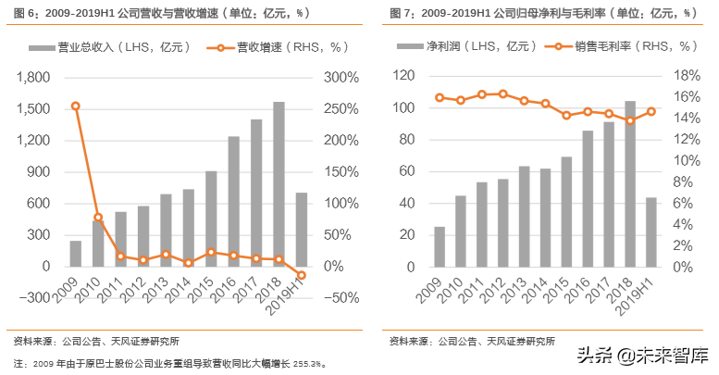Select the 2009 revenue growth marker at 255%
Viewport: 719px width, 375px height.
pos(76,106)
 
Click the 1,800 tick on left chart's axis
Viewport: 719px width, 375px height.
pos(33,78)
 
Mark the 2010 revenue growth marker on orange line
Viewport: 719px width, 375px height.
pos(98,218)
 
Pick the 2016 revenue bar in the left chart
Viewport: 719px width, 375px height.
pos(233,201)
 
